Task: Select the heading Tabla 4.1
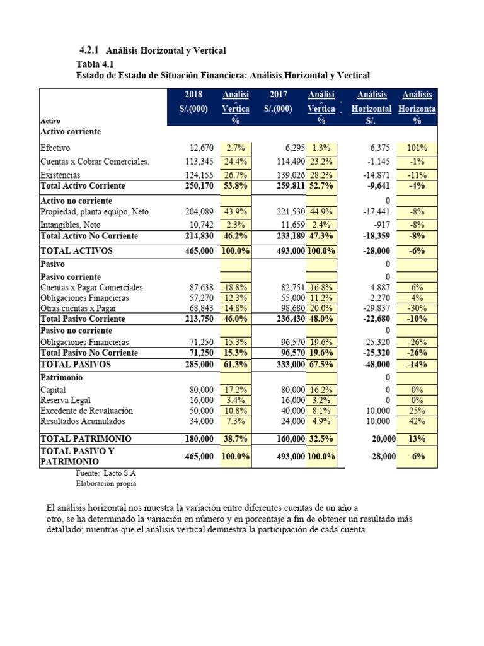[x=96, y=64]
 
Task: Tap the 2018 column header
[x=193, y=95]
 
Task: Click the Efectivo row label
[x=55, y=148]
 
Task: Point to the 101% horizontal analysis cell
[x=417, y=148]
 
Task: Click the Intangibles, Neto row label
[x=71, y=225]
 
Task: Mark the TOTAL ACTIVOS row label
[x=76, y=250]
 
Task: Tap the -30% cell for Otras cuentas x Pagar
[x=417, y=308]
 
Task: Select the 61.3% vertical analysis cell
[x=236, y=365]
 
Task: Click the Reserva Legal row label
[x=65, y=401]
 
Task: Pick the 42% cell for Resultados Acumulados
[x=417, y=421]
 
